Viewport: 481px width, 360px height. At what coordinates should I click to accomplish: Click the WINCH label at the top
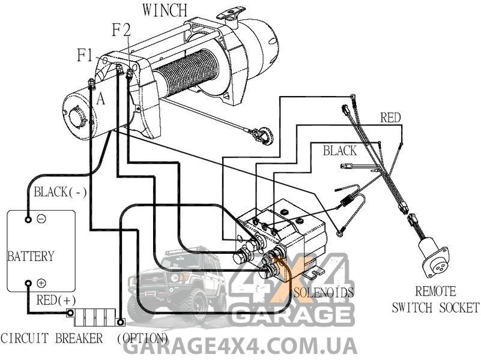[165, 10]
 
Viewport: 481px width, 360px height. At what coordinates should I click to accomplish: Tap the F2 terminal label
[121, 30]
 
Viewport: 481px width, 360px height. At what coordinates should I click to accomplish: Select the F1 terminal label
[85, 56]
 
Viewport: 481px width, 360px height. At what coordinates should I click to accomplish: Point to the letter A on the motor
[101, 99]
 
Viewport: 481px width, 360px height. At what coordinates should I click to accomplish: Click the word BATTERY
[31, 256]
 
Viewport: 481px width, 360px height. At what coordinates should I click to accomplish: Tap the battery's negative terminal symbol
[41, 219]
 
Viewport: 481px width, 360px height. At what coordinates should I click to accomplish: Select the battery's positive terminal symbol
[41, 283]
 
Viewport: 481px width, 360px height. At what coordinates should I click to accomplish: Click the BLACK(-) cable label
[60, 193]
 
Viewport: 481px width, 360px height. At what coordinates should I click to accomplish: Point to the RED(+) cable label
[56, 300]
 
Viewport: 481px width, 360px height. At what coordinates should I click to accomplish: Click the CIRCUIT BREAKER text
[52, 338]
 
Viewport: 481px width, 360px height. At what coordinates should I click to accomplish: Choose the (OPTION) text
[142, 338]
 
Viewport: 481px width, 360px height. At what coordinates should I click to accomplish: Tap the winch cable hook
[261, 135]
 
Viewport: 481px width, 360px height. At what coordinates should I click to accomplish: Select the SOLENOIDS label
[324, 292]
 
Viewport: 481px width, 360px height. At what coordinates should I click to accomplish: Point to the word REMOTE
[435, 292]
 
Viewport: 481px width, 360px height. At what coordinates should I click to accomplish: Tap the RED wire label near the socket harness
[390, 118]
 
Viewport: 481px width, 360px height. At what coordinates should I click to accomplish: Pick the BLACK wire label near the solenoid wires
[340, 151]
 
